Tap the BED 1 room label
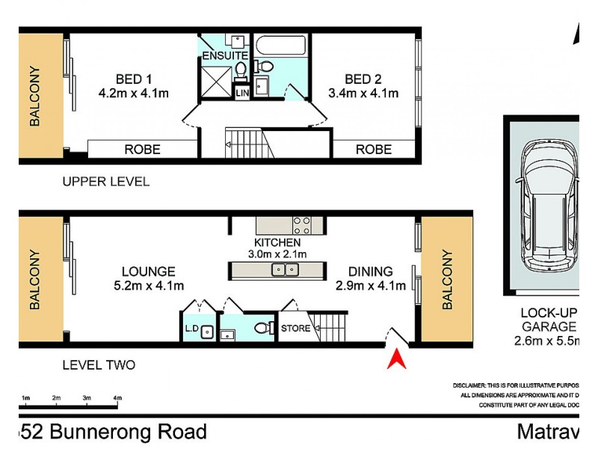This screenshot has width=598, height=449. tap(134, 79)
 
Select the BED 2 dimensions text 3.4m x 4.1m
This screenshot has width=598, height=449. tap(363, 94)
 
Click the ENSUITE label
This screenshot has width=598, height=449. tap(224, 55)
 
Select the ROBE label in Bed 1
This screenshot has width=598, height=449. tap(142, 149)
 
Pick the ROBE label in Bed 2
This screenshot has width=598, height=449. tap(373, 149)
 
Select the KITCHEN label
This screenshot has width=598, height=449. tap(277, 242)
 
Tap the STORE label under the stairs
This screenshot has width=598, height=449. tap(295, 329)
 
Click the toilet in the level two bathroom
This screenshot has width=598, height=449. tap(262, 329)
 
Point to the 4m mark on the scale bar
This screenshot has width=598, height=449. tap(117, 398)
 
